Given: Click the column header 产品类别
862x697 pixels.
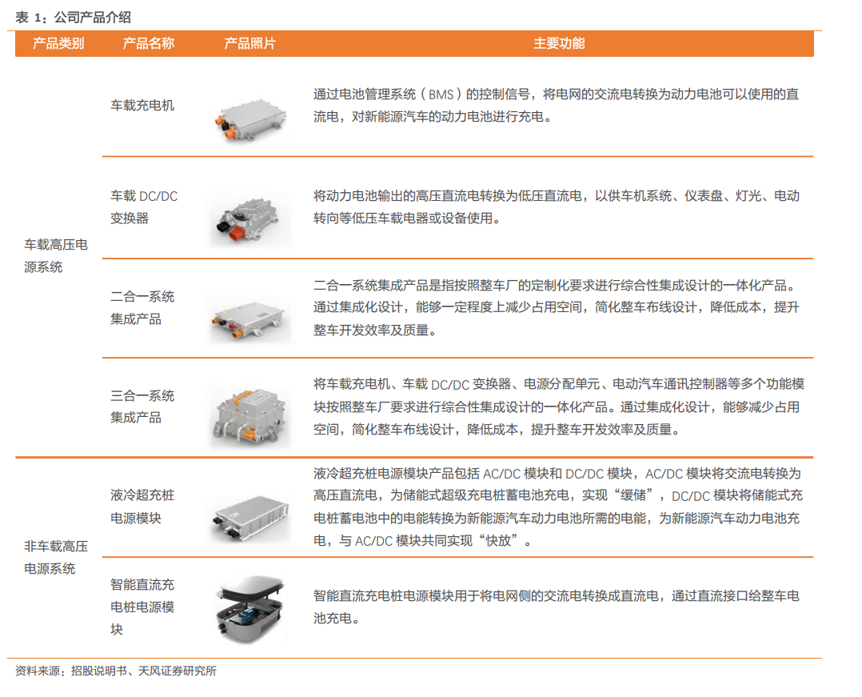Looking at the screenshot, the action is click(x=58, y=43).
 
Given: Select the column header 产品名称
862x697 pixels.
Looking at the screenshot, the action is click(x=149, y=43).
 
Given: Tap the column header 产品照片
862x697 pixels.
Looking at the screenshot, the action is click(x=250, y=43).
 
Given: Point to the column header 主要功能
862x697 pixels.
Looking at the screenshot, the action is click(x=559, y=43).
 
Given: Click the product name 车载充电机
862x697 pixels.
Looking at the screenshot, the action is click(x=142, y=105).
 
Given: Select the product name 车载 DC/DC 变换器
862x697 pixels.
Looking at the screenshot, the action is click(x=144, y=206).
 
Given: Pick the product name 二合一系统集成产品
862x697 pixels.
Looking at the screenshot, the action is click(x=142, y=307).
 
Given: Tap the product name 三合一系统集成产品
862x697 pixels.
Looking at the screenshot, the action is click(x=142, y=407).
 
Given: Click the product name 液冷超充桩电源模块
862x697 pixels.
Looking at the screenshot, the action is click(x=142, y=506).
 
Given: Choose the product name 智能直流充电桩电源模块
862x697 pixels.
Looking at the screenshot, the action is click(x=142, y=607).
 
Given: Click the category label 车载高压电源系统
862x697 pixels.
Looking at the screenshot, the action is click(x=55, y=256).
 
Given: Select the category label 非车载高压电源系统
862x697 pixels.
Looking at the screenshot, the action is click(x=55, y=557).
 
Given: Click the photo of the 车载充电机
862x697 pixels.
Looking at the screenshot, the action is click(x=250, y=119).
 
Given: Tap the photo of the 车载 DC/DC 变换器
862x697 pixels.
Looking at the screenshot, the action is click(x=250, y=220).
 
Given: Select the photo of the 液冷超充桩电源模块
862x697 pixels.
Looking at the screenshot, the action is click(x=250, y=517).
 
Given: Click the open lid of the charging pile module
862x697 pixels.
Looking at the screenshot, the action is click(x=253, y=588).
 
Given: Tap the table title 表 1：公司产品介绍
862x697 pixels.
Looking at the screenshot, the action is click(x=73, y=18).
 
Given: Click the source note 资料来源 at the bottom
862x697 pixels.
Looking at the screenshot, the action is click(x=116, y=671).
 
